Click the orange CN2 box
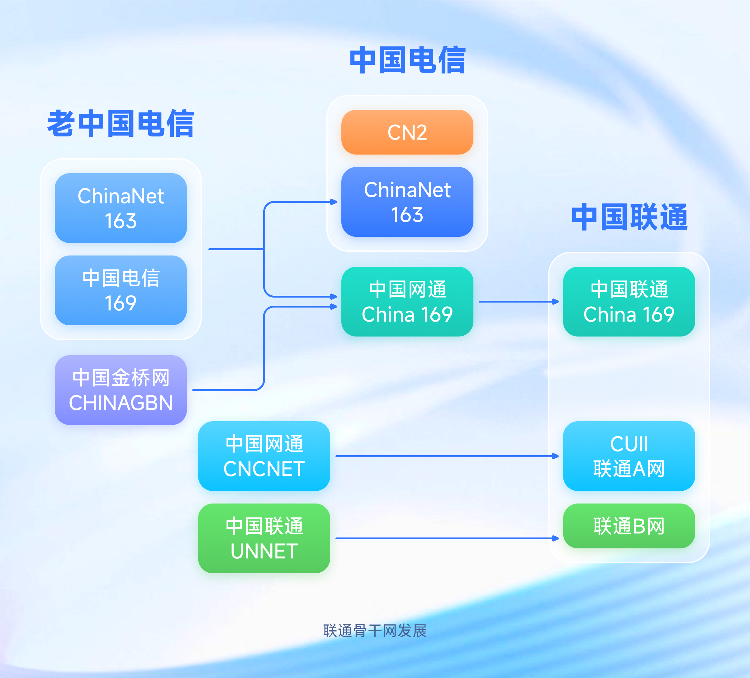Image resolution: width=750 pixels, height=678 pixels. (x=407, y=132)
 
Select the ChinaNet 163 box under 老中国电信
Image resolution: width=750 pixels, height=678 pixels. (x=121, y=208)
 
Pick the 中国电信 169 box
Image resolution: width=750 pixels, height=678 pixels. (x=121, y=290)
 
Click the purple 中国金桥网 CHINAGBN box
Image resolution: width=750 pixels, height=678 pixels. (x=121, y=390)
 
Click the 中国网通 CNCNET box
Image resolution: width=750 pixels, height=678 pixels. (x=264, y=456)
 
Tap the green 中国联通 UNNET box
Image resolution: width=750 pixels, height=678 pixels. (x=264, y=538)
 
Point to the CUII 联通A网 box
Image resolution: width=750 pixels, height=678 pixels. (x=629, y=456)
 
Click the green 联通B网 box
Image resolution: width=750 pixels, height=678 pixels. (x=629, y=526)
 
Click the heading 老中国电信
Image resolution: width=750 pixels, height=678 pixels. (x=121, y=124)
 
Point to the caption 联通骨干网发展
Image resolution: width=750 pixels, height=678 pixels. (x=375, y=631)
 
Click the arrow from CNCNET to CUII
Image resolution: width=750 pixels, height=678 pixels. (x=446, y=456)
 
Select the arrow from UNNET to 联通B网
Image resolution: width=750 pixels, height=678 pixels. (x=446, y=538)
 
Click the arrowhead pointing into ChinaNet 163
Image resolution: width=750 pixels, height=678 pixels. (x=334, y=202)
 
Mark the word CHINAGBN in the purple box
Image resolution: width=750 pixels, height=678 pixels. (x=121, y=403)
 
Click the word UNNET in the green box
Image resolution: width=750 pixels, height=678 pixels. (x=264, y=551)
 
